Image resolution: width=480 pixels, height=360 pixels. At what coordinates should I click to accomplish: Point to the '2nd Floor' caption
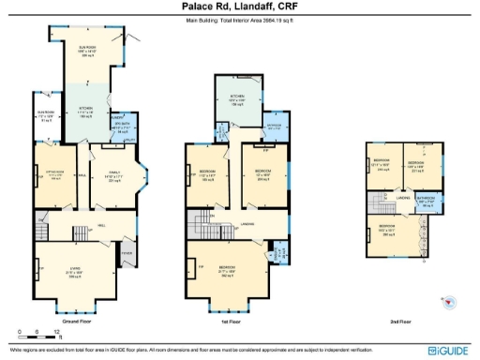click(x=400, y=321)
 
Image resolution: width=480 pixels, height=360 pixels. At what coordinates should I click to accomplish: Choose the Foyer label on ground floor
click(x=126, y=251)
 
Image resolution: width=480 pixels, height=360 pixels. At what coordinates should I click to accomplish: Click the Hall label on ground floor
click(x=99, y=226)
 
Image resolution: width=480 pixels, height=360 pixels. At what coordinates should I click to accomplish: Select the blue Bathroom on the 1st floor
click(x=273, y=126)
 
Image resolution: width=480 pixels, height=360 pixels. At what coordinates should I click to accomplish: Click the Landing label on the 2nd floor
click(x=400, y=198)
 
